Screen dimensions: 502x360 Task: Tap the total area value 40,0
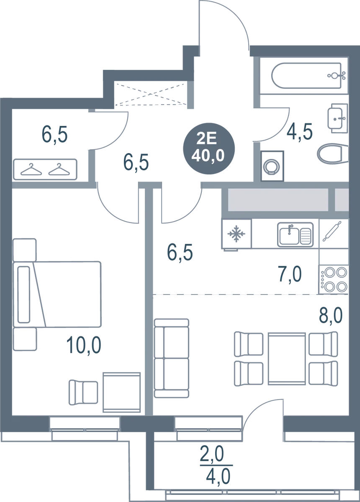[208, 155]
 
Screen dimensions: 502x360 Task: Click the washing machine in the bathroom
[273, 165]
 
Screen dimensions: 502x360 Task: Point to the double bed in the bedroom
[67, 293]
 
